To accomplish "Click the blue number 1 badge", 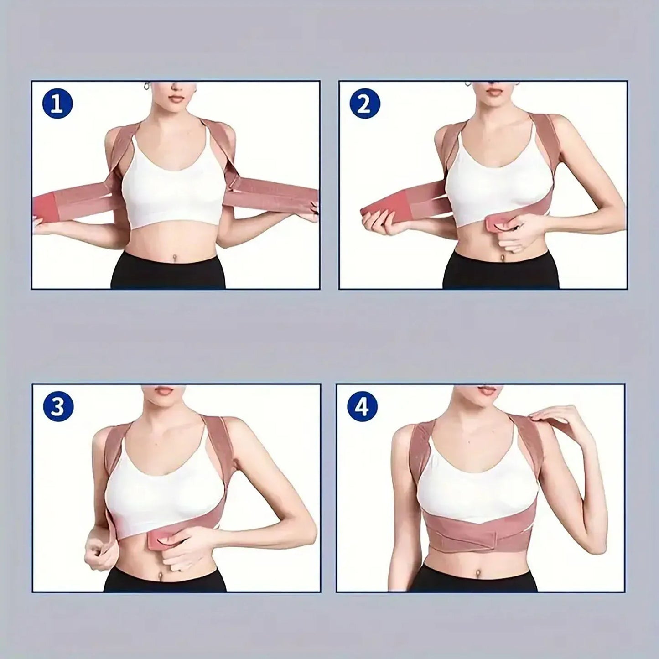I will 57,104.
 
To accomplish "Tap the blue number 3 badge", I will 57,407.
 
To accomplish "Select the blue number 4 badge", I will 362,407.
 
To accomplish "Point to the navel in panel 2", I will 502,259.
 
